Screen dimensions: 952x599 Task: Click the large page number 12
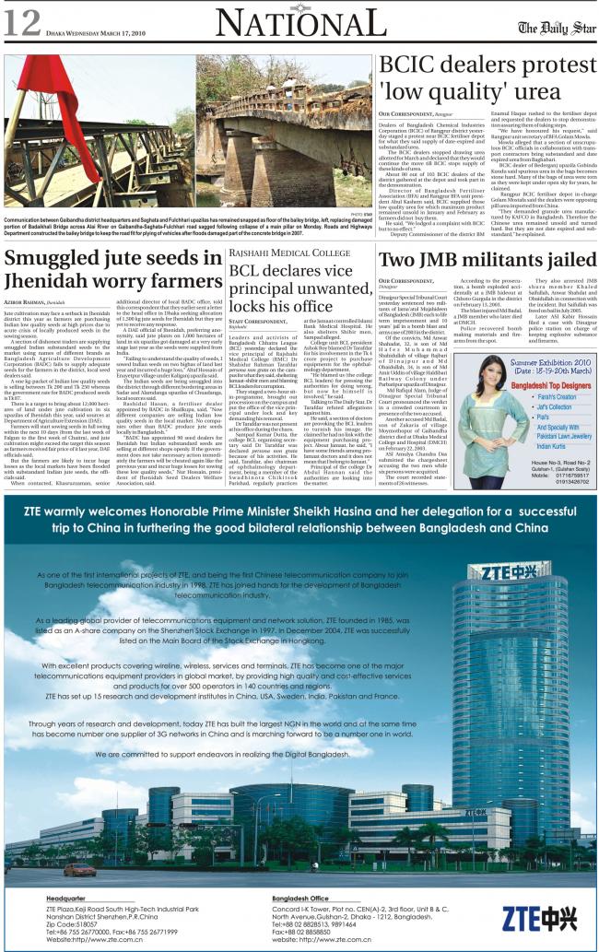pyautogui.click(x=20, y=20)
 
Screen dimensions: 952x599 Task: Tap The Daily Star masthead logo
pyautogui.click(x=552, y=26)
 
